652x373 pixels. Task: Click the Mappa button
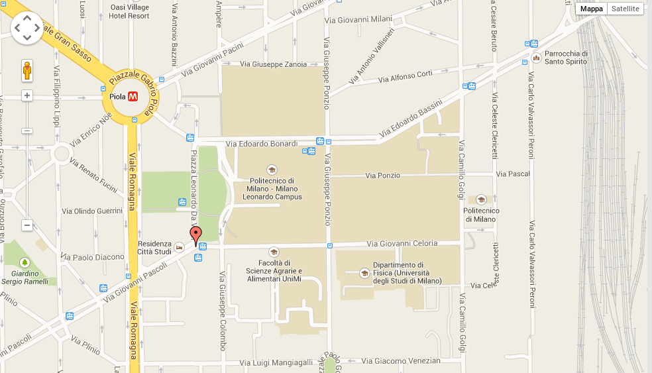tap(592, 9)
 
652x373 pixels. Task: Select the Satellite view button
tap(625, 9)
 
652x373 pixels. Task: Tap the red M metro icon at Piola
tap(133, 96)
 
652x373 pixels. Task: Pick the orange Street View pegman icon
tap(27, 70)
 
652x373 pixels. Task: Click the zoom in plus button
tap(27, 95)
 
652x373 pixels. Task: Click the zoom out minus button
tap(27, 225)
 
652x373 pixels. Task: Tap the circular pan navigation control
tap(27, 27)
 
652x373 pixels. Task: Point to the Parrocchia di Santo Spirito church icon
tap(536, 58)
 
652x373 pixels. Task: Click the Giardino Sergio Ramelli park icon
tap(25, 262)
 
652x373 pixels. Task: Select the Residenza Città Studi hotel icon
tap(179, 246)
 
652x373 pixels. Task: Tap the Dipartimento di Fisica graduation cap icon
tap(364, 273)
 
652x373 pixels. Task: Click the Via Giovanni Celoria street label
tap(402, 243)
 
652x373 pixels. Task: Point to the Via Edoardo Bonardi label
tap(262, 143)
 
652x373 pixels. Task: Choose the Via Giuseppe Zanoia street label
tap(274, 64)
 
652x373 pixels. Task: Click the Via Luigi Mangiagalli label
tap(276, 362)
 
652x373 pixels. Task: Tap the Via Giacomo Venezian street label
tap(402, 361)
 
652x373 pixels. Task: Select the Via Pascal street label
tap(513, 174)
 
